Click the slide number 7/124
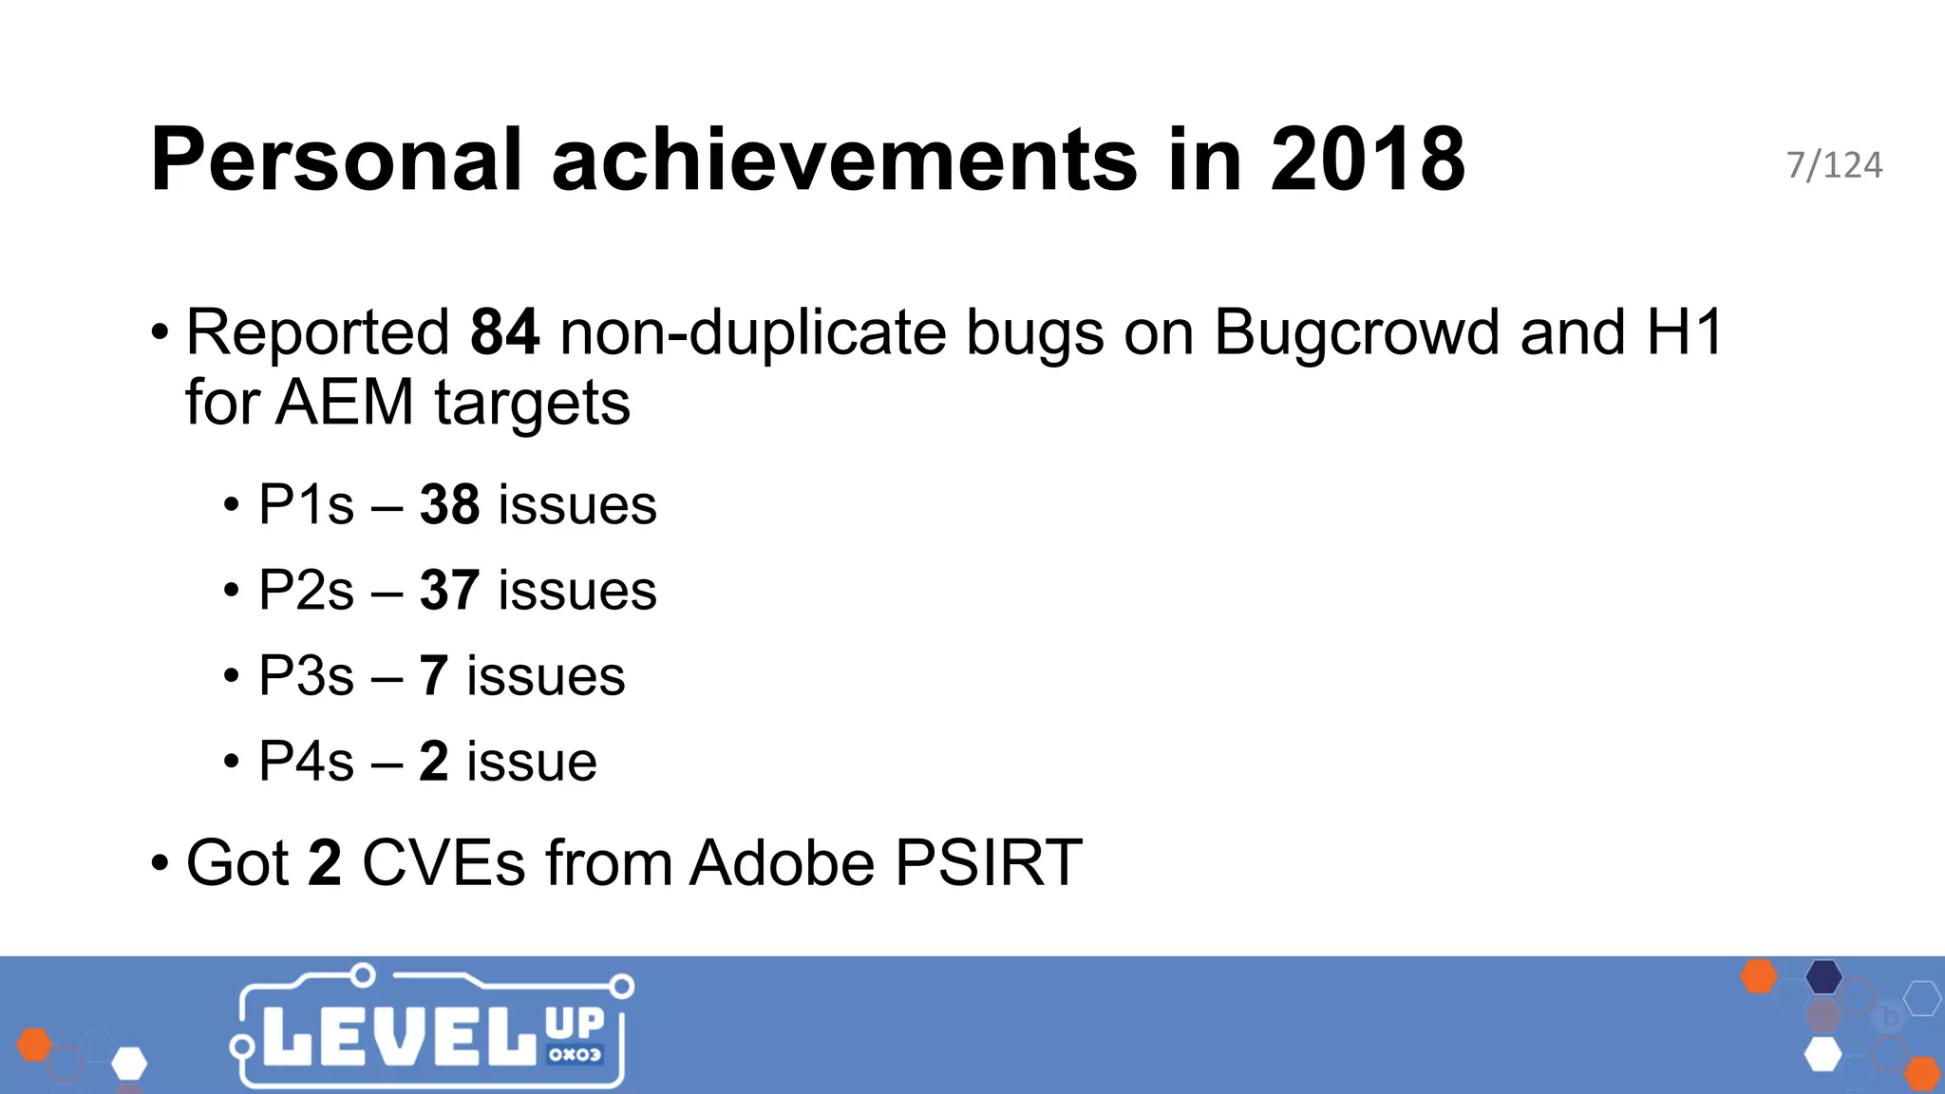point(1834,165)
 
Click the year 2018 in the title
point(1368,160)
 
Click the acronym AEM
point(346,403)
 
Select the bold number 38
point(449,504)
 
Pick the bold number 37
point(449,590)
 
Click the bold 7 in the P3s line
point(433,675)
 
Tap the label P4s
point(306,761)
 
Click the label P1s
point(306,504)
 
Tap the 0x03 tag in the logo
point(575,1054)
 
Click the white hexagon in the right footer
point(1822,1054)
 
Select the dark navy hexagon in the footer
point(1823,976)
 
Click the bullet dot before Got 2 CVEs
point(160,864)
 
